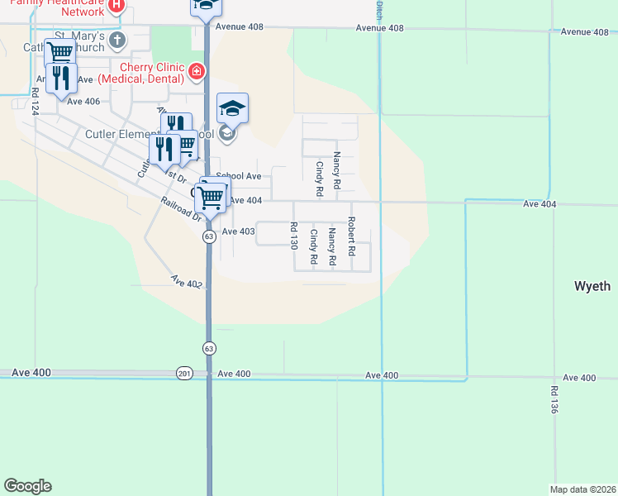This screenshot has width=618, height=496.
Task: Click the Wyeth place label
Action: click(x=592, y=286)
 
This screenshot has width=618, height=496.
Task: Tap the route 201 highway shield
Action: click(x=183, y=374)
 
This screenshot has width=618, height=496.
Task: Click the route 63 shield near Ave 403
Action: click(x=209, y=237)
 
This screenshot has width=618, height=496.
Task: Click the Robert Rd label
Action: click(x=351, y=236)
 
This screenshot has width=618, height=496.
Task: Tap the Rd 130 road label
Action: click(x=293, y=236)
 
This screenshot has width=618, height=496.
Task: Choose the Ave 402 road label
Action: click(x=187, y=283)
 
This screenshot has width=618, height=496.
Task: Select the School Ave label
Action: click(x=244, y=176)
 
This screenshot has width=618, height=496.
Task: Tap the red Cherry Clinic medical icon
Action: click(x=197, y=72)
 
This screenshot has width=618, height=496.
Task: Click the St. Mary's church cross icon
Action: click(x=117, y=40)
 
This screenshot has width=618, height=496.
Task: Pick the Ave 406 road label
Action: click(x=83, y=102)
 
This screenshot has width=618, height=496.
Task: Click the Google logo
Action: click(x=27, y=486)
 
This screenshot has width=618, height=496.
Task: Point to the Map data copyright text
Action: click(x=582, y=489)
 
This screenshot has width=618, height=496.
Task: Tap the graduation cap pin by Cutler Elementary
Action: click(x=233, y=108)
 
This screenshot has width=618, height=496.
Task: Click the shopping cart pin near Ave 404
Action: click(x=212, y=198)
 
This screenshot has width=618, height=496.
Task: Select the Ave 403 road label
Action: click(x=238, y=231)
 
